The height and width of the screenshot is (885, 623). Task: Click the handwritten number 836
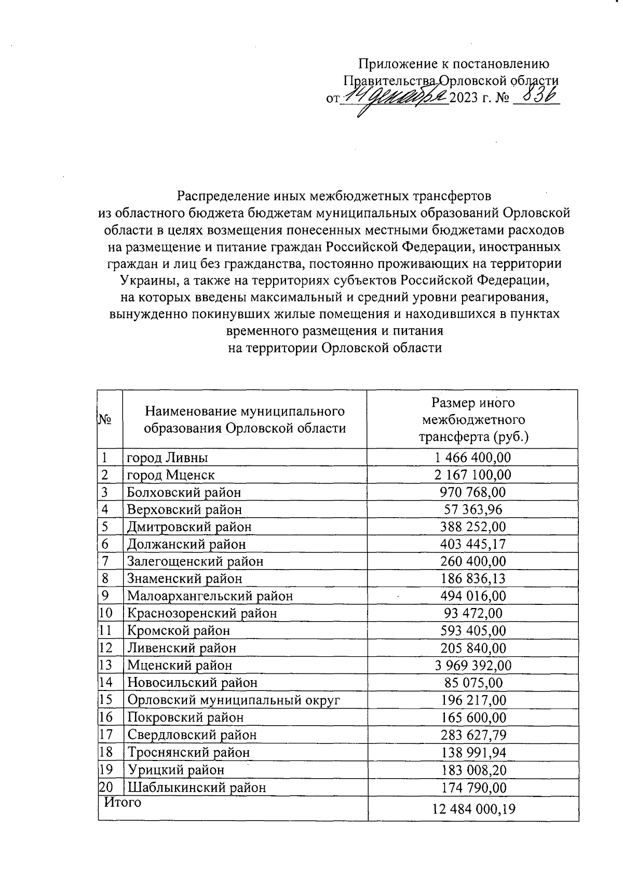click(536, 96)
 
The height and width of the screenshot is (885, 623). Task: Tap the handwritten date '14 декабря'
click(397, 97)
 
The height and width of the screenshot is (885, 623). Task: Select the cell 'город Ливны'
click(168, 458)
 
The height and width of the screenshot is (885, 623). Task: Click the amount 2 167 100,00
click(472, 475)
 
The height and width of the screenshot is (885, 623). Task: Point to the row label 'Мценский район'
click(180, 665)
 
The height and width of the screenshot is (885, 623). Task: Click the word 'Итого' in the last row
click(123, 803)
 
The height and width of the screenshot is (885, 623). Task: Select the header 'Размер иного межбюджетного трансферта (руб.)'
click(473, 419)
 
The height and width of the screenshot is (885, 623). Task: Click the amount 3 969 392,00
click(472, 665)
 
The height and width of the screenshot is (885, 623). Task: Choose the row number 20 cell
click(106, 786)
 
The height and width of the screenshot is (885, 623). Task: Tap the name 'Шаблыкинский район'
click(196, 787)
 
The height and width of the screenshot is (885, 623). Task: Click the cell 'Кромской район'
click(179, 631)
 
